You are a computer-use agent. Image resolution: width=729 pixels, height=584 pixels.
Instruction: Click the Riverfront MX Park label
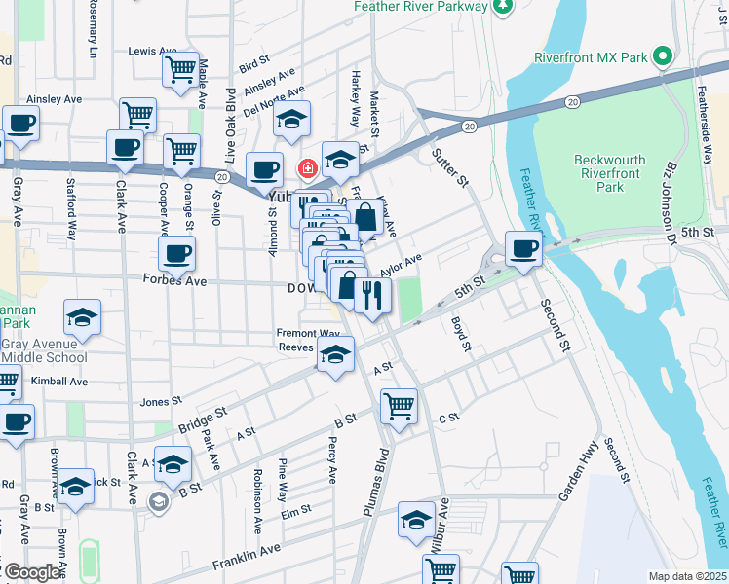tap(591, 57)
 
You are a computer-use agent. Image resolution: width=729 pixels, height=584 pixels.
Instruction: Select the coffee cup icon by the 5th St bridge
tap(523, 247)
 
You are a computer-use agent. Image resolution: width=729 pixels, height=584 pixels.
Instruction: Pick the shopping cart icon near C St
tap(399, 405)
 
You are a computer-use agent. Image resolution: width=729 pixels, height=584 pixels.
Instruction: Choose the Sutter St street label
tap(451, 168)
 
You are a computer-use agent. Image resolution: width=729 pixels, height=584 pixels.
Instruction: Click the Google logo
tap(31, 572)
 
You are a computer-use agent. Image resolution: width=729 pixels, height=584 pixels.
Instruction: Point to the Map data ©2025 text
tap(686, 576)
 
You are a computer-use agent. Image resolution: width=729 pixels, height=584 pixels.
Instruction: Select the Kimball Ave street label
tap(58, 382)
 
